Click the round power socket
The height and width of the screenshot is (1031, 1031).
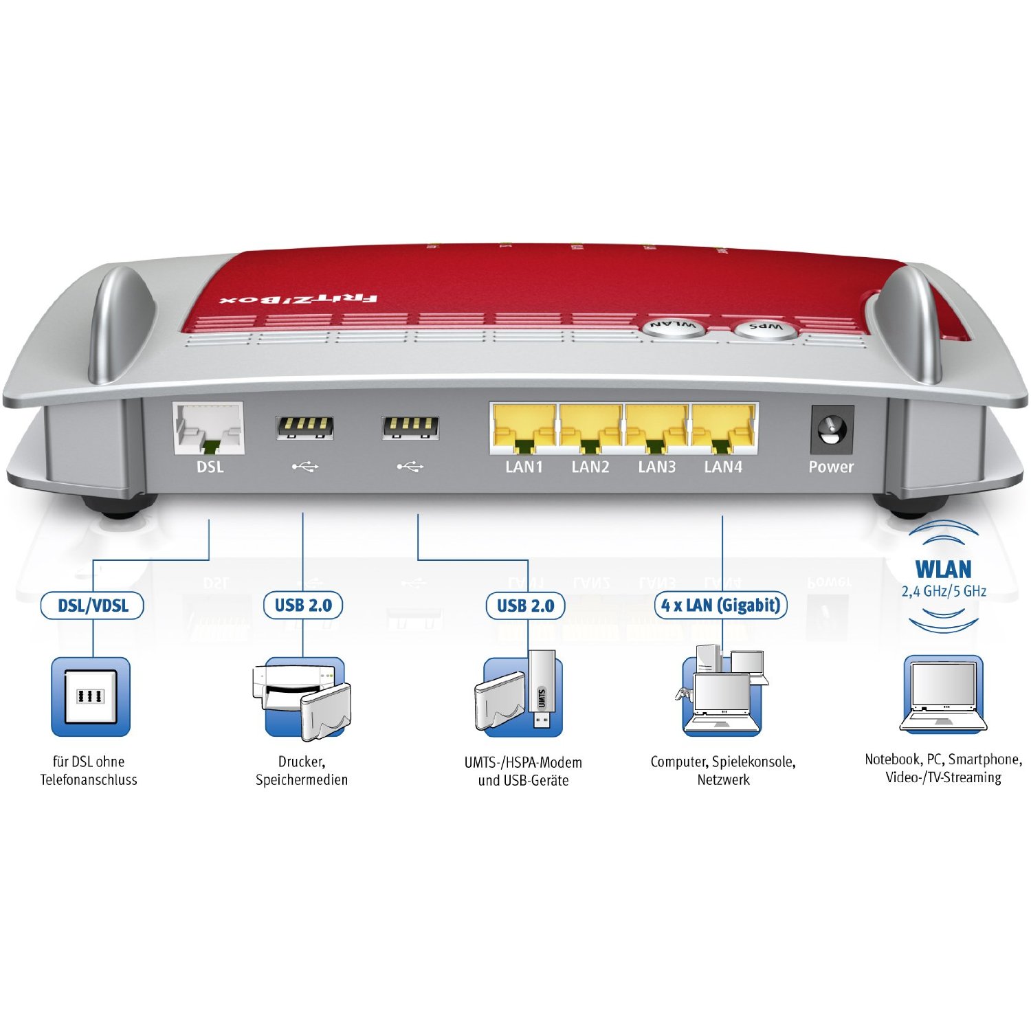[x=832, y=430]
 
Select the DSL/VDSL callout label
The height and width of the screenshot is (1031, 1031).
[x=92, y=606]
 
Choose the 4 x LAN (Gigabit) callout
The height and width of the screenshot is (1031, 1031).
[x=720, y=606]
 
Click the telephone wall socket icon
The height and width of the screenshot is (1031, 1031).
[x=91, y=696]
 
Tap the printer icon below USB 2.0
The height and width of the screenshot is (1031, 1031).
[x=282, y=687]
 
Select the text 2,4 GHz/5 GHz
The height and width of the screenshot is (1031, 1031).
[x=944, y=591]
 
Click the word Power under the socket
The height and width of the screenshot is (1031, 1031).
[x=831, y=467]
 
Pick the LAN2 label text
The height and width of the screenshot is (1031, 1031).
[x=590, y=467]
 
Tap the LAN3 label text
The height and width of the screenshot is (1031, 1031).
[x=656, y=467]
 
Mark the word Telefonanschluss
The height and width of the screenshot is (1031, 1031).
[x=89, y=780]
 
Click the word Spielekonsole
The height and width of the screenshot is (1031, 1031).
[x=753, y=762]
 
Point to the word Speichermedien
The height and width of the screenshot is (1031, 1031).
[x=302, y=780]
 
